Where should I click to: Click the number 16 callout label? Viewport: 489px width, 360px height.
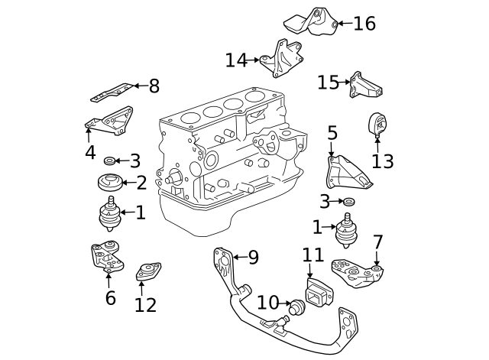pos(364,24)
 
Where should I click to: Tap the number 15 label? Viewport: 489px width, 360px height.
pos(328,82)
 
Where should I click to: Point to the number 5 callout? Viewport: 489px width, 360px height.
pos(332,134)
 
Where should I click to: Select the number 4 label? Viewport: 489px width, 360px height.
pos(90,152)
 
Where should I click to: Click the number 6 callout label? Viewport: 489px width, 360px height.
pos(111,297)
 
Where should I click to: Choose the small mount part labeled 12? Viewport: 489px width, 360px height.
pos(147,272)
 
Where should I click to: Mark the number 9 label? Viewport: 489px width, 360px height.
pos(254,258)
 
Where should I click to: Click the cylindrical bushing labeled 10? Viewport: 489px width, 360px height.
pos(295,308)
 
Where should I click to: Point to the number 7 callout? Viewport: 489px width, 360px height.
pos(377,242)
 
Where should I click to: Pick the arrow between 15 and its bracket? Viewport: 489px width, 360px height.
pos(345,82)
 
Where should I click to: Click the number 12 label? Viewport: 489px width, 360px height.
pos(144,305)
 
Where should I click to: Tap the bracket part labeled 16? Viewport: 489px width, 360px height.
pos(314,23)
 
